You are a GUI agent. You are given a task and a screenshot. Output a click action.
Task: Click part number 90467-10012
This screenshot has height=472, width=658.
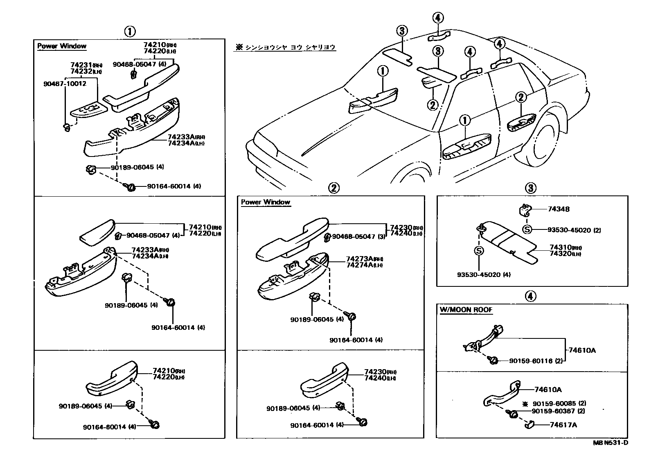(x=65, y=84)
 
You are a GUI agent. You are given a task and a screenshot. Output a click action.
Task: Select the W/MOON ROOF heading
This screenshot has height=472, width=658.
(x=466, y=310)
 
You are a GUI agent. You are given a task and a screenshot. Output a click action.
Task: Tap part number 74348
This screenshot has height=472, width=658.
(x=559, y=209)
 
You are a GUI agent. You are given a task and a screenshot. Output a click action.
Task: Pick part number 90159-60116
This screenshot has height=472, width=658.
(x=531, y=361)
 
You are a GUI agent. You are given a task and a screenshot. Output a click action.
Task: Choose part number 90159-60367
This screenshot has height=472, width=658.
(x=553, y=411)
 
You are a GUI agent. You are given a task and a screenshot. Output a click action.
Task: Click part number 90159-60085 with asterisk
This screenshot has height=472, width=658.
(x=553, y=404)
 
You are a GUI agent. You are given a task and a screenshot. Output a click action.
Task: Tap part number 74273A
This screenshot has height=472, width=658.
(x=359, y=259)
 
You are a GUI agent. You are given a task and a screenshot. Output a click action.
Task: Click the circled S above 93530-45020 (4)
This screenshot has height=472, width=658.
(x=479, y=250)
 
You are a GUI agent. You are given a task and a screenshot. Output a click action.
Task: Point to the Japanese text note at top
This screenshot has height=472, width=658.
(x=285, y=48)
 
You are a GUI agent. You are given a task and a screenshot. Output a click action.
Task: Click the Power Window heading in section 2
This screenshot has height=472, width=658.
(x=265, y=202)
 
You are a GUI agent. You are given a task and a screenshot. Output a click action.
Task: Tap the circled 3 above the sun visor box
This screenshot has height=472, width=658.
(x=530, y=188)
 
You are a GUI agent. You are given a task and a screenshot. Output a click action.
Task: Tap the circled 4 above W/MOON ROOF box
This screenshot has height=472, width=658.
(x=530, y=296)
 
